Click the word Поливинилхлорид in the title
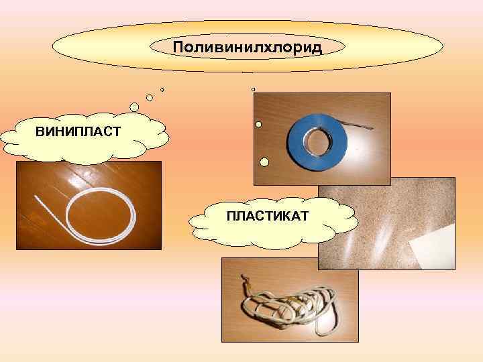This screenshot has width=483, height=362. tap(248, 48)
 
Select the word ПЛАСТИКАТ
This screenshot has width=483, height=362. tap(267, 216)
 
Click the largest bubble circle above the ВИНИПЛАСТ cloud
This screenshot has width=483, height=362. tap(135, 107)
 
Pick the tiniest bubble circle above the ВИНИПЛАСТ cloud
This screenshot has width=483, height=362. tap(162, 89)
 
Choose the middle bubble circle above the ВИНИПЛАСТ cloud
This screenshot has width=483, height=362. tap(150, 98)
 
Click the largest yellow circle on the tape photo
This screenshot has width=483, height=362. tap(265, 162)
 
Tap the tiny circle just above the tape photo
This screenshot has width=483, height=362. tap(253, 89)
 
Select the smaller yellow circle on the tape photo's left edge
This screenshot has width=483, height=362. tap(258, 123)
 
